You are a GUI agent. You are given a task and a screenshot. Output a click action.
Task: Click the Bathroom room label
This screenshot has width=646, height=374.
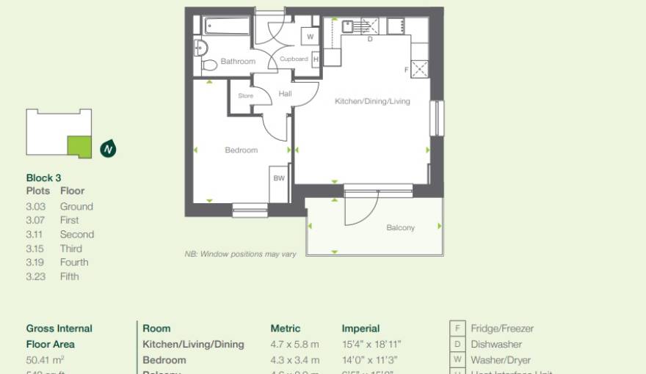pyautogui.click(x=238, y=62)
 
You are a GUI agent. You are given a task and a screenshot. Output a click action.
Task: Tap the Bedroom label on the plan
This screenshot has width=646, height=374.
pyautogui.click(x=242, y=150)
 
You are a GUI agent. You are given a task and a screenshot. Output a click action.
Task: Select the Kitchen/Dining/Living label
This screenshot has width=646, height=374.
pyautogui.click(x=372, y=101)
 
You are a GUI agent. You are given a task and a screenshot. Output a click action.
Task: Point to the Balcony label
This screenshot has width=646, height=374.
pyautogui.click(x=401, y=227)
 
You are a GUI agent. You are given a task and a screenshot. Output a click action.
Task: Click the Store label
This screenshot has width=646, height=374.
pyautogui.click(x=245, y=95)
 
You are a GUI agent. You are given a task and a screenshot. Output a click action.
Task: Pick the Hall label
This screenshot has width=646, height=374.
pyautogui.click(x=285, y=94)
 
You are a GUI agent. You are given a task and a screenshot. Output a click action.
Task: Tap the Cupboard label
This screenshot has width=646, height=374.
pyautogui.click(x=294, y=59)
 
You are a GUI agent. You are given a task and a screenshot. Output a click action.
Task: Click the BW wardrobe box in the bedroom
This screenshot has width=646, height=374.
pyautogui.click(x=279, y=178)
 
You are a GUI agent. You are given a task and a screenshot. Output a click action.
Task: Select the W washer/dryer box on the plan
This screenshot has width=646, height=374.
pyautogui.click(x=311, y=36)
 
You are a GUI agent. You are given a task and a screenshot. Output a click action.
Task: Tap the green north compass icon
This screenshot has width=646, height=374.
pyautogui.click(x=109, y=149)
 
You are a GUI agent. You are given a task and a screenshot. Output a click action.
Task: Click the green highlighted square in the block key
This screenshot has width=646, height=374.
pyautogui.click(x=79, y=146)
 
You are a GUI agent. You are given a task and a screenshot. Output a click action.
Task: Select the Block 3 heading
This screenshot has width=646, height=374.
pyautogui.click(x=43, y=177)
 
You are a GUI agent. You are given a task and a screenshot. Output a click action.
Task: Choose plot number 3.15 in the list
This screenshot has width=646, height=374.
pyautogui.click(x=36, y=249)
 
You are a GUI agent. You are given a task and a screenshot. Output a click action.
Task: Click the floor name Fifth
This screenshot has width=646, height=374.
pyautogui.click(x=69, y=276)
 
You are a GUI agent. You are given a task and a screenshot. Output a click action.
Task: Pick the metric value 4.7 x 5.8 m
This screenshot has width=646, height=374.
pyautogui.click(x=294, y=344)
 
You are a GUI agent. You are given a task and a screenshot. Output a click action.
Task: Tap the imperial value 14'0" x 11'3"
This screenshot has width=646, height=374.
pyautogui.click(x=371, y=360)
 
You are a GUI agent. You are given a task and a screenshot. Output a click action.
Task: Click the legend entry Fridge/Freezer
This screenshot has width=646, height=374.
pyautogui.click(x=502, y=329)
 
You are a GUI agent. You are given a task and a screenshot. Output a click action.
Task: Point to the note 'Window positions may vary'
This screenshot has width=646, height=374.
pyautogui.click(x=240, y=254)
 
